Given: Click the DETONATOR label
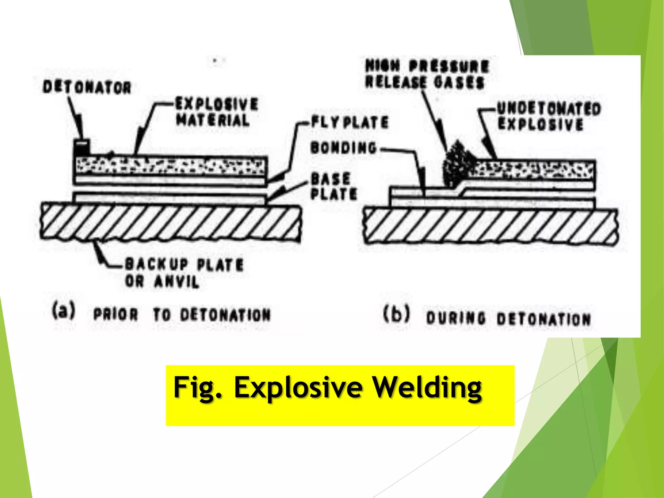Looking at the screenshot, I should pos(87,87).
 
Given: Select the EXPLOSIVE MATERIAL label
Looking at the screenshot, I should pos(217,112).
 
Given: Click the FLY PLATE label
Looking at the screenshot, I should pos(350,122).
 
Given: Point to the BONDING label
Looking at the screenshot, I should pos(344,148).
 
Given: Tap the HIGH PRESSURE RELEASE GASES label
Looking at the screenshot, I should pos(426,74).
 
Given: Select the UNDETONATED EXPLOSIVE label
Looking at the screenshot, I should pos(549,116).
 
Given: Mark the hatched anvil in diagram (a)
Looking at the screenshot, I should pos(170,222).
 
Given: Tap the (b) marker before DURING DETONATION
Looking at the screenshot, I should pos(396,314).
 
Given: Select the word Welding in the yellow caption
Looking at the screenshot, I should pos(426,387).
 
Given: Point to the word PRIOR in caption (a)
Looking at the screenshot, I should pos(116,314).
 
